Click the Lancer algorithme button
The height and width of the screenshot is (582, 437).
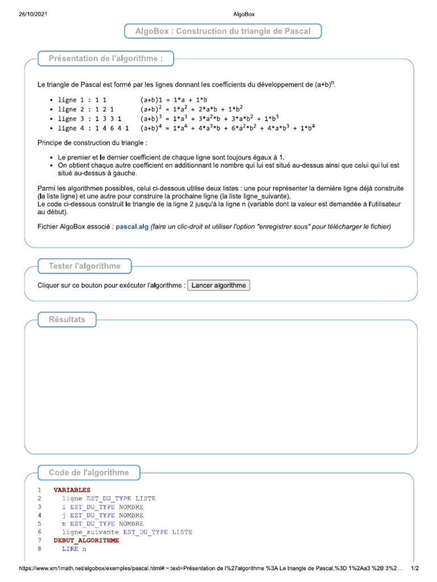pos(218,285)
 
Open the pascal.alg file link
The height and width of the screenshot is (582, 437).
pos(132,226)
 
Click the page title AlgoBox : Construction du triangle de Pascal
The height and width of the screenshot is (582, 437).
pos(223,31)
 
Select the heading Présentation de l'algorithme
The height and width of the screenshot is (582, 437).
pos(106,59)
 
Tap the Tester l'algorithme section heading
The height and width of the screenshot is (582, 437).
pos(85,266)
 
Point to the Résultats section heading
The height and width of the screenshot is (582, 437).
pos(67,319)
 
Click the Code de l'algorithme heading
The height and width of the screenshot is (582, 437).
pos(89,472)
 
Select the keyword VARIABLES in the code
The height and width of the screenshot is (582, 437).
pos(72,490)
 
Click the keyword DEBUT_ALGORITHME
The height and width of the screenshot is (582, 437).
pos(86,541)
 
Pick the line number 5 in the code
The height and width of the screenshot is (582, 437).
pos(39,523)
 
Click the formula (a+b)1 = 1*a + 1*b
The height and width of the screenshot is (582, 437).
pos(174,99)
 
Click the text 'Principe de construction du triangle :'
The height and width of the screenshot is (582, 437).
pos(92,142)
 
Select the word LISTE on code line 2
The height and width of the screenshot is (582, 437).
pos(145,498)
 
